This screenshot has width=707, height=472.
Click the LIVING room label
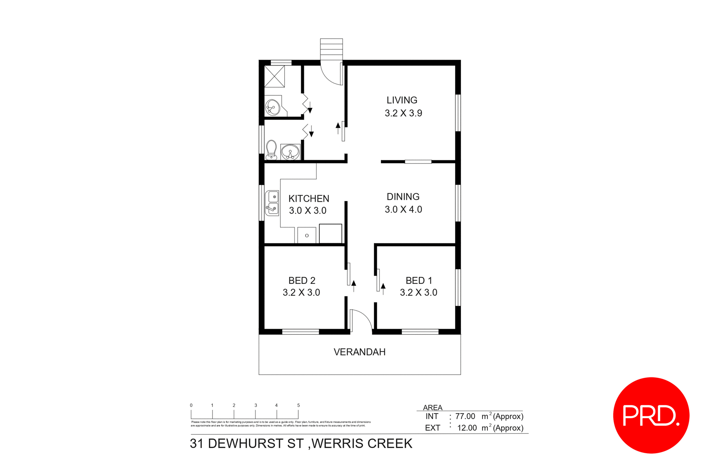click(402, 100)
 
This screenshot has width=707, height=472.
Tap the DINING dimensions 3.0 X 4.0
click(403, 209)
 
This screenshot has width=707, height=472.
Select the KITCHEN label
click(309, 199)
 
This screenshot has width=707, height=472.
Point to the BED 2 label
click(302, 281)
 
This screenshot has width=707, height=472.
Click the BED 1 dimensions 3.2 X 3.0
click(418, 293)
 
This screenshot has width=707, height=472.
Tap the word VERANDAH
click(359, 352)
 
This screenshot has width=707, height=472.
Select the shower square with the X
click(275, 76)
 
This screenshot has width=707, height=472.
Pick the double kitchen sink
click(272, 203)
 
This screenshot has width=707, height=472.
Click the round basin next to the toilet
click(291, 152)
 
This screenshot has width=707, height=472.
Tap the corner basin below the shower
click(272, 108)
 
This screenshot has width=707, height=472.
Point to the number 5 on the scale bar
click(299, 405)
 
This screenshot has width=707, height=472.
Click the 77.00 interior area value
click(465, 416)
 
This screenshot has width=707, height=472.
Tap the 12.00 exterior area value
click(467, 428)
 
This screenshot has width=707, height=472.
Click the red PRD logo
click(651, 415)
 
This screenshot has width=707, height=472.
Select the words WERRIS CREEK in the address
click(362, 444)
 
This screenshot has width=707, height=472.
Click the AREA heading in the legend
click(433, 408)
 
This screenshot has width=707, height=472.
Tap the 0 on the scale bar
click(191, 405)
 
